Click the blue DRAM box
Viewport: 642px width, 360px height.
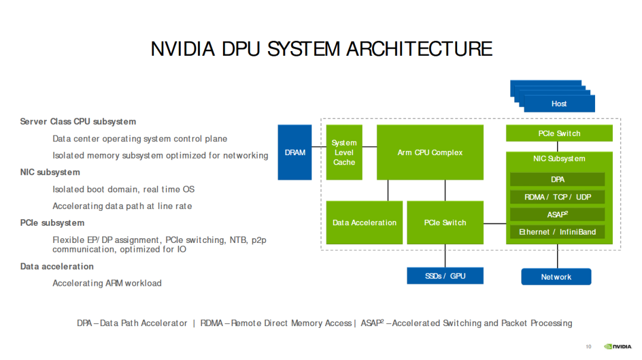point(294,152)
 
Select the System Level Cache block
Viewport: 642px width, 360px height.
point(344,152)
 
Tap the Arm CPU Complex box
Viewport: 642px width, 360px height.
point(430,152)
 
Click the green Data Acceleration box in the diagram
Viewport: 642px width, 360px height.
point(364,222)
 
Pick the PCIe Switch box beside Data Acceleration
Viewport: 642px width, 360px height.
point(445,222)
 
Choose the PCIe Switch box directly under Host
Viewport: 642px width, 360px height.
point(559,133)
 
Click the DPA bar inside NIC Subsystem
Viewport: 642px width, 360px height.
point(557,179)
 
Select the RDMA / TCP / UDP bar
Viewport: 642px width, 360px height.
point(557,197)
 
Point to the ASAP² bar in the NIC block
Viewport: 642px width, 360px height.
point(557,214)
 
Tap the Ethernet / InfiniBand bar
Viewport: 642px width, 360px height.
point(557,232)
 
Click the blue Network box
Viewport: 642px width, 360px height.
point(556,277)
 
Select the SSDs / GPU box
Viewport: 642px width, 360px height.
point(445,276)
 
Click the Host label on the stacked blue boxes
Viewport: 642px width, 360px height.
point(559,103)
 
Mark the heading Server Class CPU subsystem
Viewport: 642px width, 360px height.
point(78,122)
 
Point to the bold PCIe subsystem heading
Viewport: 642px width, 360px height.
point(52,223)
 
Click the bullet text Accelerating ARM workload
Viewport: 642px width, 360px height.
point(107,283)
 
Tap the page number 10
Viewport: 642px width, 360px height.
point(588,346)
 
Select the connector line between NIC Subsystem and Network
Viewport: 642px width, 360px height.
point(558,255)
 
